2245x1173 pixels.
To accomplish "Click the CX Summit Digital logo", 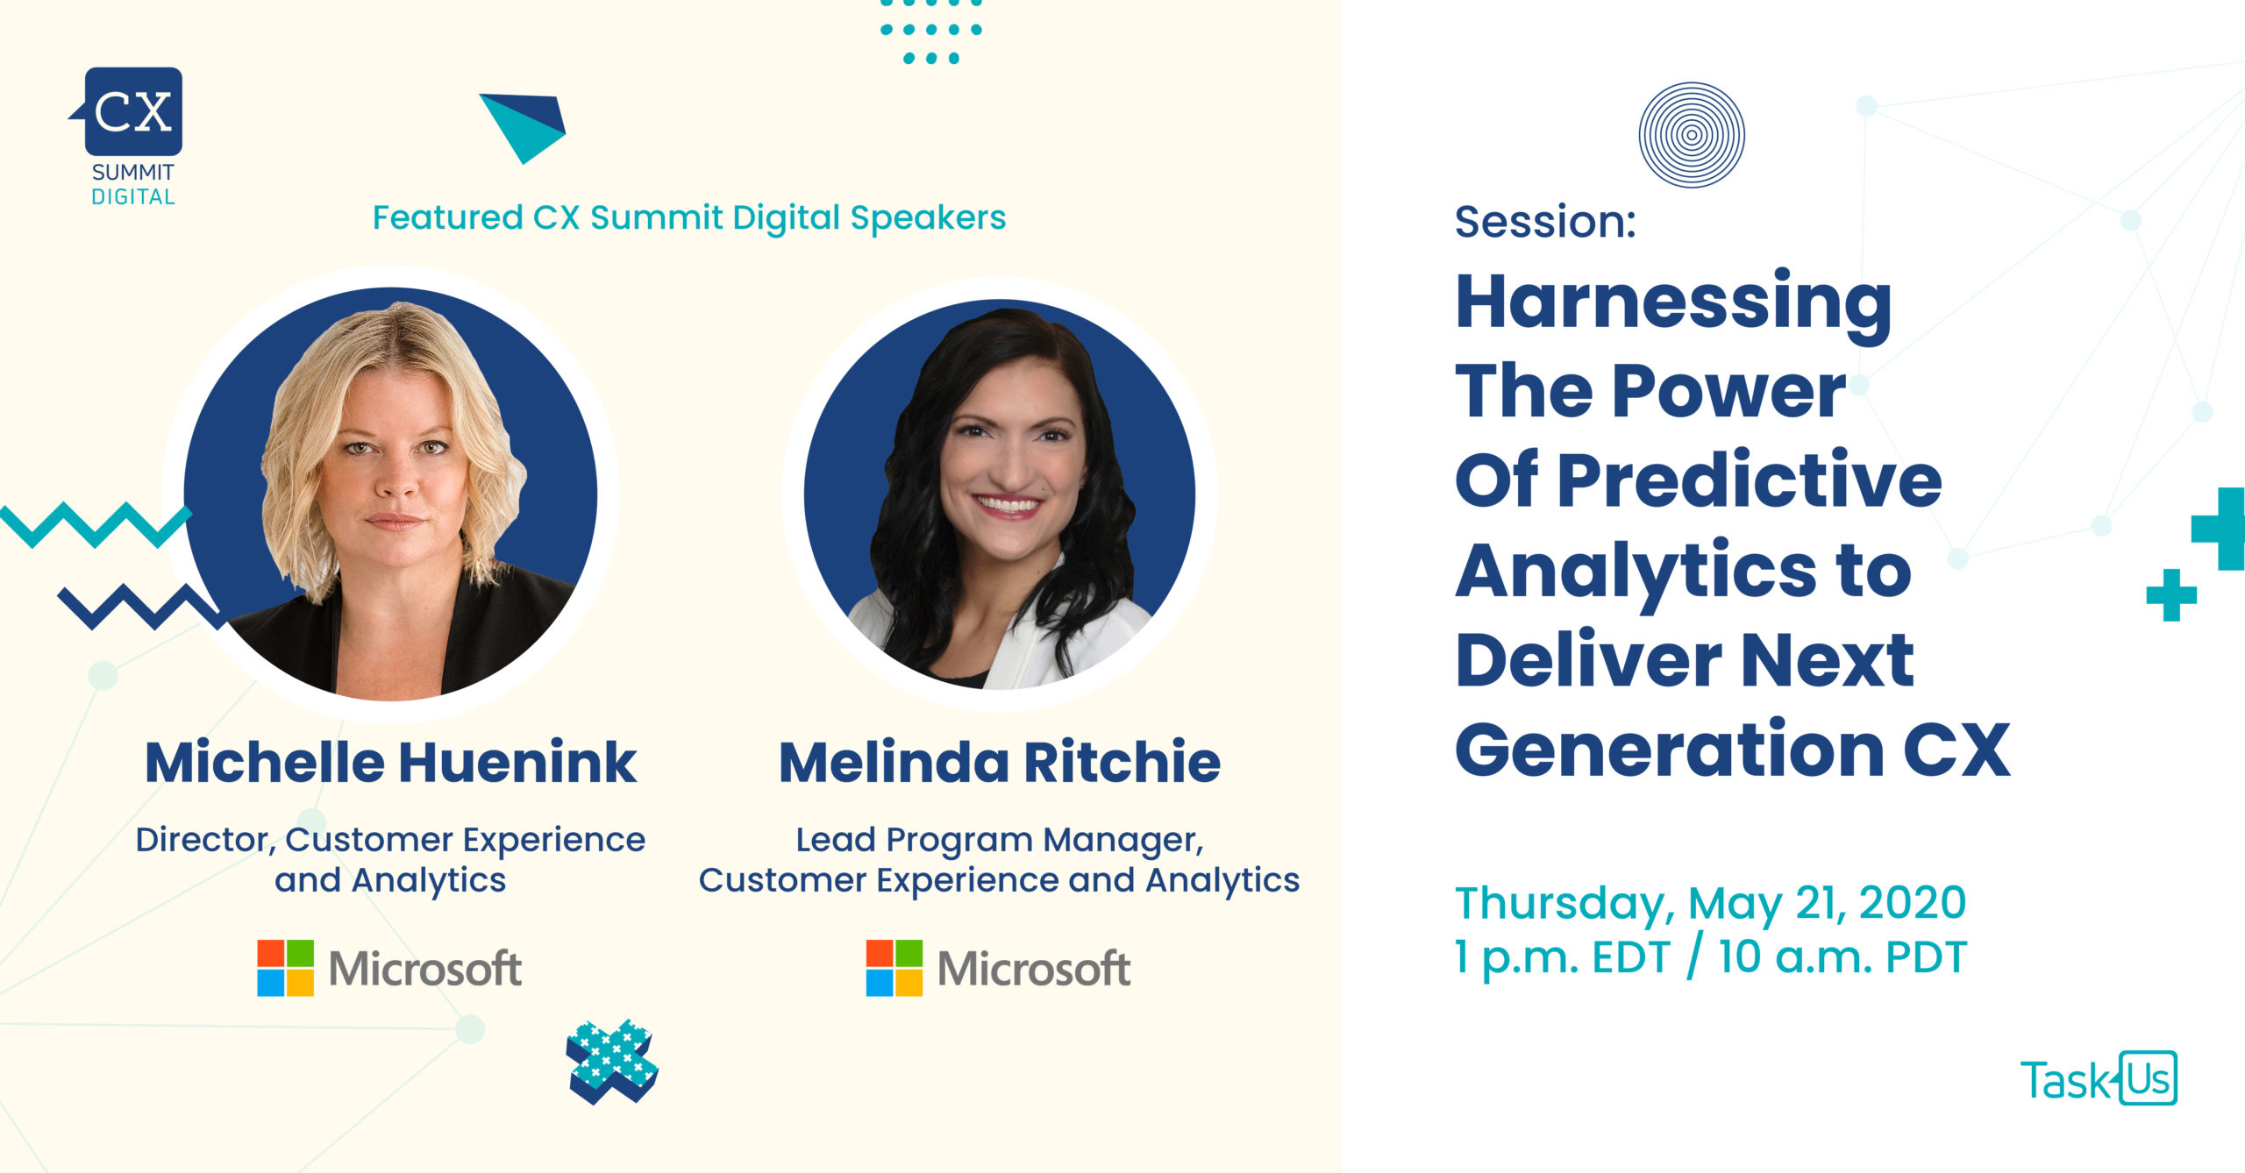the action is [129, 137].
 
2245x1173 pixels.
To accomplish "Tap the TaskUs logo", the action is [2099, 1077].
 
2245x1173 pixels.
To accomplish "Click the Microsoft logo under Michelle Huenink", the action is [388, 968].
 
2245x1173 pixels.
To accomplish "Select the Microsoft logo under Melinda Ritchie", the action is [998, 968].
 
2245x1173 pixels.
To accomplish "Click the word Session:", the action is [1545, 221].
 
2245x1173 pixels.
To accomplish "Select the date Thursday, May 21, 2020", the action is [1711, 903].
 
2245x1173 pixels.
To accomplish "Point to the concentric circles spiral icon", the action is [1692, 135].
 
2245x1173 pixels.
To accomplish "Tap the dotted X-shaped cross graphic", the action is [612, 1061].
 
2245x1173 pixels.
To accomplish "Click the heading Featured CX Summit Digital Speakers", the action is [689, 217].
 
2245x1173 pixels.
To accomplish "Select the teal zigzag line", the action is [95, 524].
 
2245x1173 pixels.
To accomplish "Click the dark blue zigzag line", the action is [140, 607].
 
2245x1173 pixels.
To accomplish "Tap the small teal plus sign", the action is [2171, 595].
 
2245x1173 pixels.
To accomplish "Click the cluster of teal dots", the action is [931, 32].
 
